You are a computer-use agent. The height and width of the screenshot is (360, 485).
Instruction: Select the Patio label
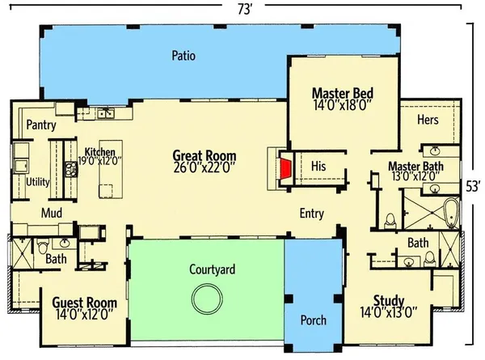click(x=183, y=56)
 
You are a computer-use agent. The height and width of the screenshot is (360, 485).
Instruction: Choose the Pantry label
click(x=40, y=125)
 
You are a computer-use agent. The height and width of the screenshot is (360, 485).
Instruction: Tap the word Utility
click(x=38, y=182)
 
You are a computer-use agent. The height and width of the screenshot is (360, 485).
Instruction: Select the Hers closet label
click(x=428, y=121)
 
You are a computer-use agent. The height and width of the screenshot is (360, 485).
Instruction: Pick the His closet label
click(x=318, y=166)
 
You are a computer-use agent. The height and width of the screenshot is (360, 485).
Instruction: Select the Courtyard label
click(x=212, y=269)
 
